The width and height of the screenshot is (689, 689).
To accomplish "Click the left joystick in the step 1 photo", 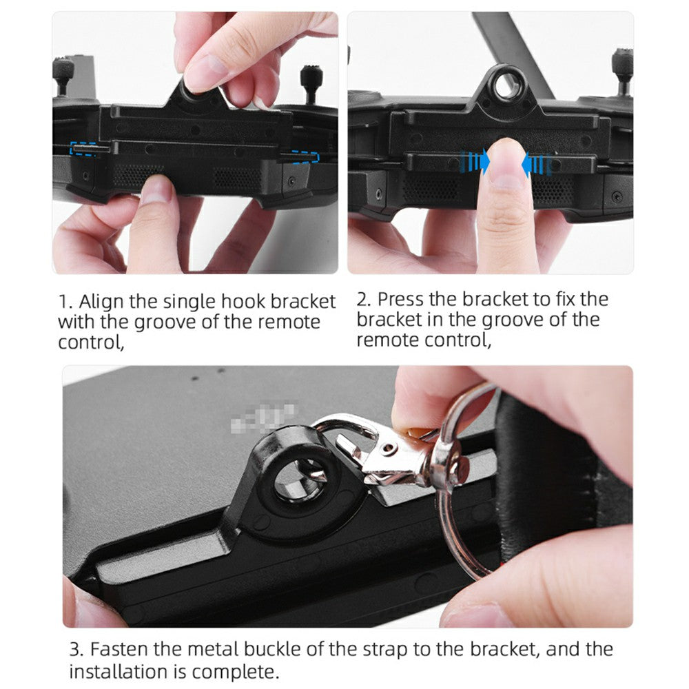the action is [x=63, y=74].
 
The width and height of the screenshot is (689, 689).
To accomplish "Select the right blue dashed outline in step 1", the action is [x=304, y=156].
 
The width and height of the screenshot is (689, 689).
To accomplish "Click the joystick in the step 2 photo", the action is [x=623, y=70].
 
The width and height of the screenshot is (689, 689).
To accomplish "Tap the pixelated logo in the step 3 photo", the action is [x=263, y=415].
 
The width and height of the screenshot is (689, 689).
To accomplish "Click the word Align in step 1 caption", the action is [x=101, y=302].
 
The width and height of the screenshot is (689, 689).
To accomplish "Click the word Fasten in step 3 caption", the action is [x=118, y=649].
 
